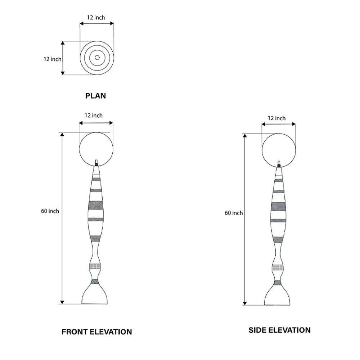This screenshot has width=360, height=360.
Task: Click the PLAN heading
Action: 95,96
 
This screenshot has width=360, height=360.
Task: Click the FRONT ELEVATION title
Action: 96,332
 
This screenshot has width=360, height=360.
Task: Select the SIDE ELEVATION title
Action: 279,330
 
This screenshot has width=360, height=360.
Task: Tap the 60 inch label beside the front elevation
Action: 50,211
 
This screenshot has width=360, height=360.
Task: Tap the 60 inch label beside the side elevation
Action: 234,213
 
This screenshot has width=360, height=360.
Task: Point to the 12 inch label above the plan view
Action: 96,17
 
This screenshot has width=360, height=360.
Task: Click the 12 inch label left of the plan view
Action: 52,59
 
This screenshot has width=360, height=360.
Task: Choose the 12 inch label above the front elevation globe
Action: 94,116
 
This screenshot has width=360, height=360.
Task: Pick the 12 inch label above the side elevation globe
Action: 276,118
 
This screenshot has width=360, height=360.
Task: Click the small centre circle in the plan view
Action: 97,57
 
